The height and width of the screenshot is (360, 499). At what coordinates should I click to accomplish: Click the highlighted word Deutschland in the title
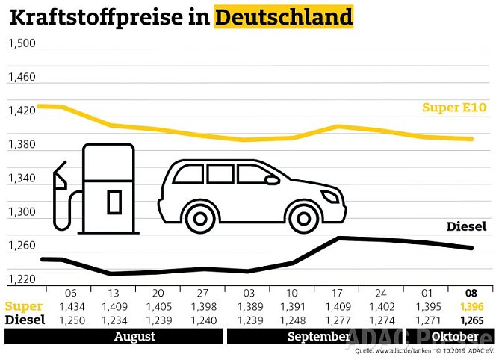pos(284,16)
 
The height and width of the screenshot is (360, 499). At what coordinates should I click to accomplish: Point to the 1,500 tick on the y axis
pos(22,43)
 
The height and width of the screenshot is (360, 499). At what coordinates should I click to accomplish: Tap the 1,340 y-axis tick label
pos(22,178)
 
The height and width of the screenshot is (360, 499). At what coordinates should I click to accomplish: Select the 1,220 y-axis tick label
pos(22,279)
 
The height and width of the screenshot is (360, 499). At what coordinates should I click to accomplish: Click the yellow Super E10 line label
pos(454,108)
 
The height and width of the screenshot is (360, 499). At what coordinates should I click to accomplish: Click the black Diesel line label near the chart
pos(467,226)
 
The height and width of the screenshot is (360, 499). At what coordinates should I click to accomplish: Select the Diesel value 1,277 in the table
pos(338,320)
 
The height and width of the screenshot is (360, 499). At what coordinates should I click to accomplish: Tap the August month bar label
pos(134,337)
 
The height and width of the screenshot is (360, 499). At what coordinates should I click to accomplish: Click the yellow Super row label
pos(24,307)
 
